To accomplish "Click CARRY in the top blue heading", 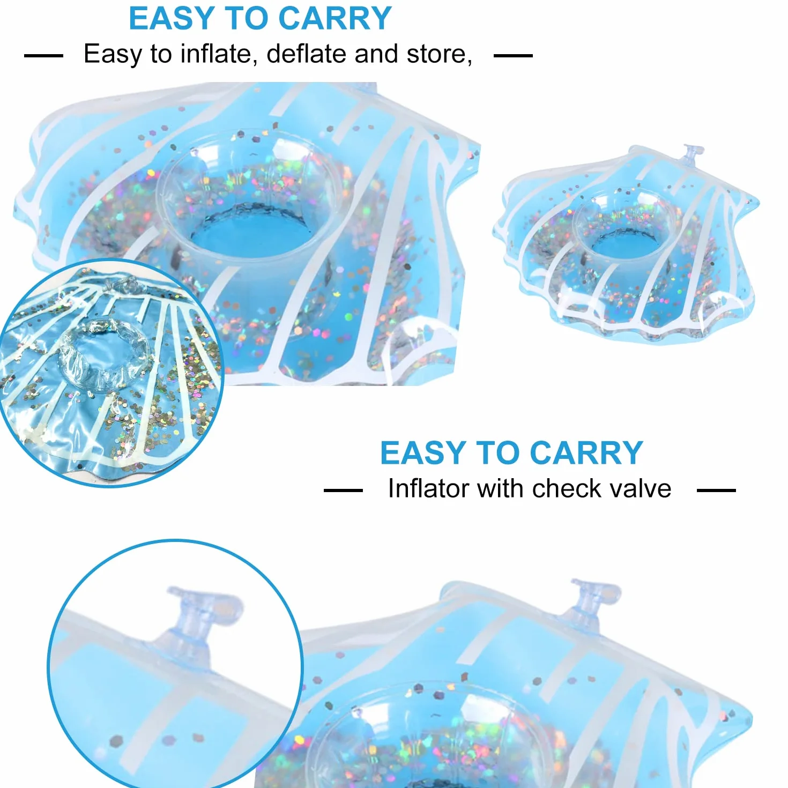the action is tap(335, 18).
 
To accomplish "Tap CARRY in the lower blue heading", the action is tap(586, 452).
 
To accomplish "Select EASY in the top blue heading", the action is tap(172, 18).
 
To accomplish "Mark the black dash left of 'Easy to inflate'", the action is tap(44, 56).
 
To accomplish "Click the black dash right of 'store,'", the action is tap(513, 56).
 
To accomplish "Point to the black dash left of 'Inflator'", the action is tap(343, 490).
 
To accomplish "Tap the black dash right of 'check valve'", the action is tap(716, 490).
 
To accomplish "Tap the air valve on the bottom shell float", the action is tap(593, 600).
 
